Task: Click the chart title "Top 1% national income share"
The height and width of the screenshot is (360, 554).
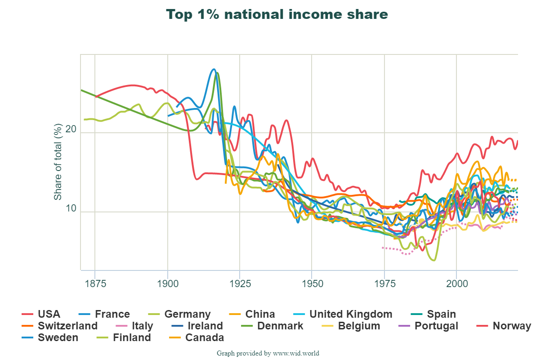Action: coord(277,14)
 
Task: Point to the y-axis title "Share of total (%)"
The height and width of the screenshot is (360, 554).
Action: coord(58,162)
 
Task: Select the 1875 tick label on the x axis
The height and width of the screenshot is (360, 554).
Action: coord(95,284)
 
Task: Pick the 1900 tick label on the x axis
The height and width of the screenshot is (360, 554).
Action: coord(167,284)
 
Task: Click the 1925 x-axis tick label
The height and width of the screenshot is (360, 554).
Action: coord(240,284)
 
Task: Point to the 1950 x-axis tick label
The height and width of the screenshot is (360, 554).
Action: coord(312,284)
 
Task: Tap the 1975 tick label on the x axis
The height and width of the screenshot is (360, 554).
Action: coord(384,284)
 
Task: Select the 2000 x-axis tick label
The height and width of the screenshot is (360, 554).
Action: coord(456,284)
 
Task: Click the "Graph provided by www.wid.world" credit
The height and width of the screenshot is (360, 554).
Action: coord(268,353)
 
